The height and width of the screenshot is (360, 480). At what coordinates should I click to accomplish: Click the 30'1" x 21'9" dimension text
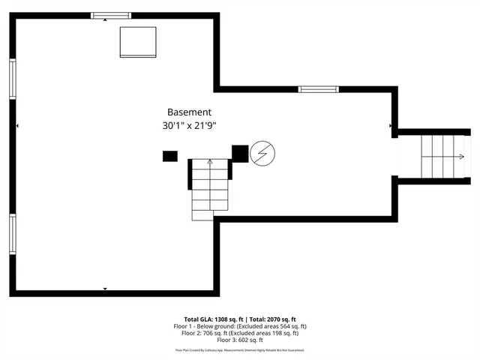click(x=192, y=127)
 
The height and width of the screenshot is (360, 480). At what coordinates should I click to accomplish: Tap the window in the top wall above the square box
click(x=111, y=15)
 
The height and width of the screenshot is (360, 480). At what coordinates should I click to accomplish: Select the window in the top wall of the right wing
click(x=318, y=89)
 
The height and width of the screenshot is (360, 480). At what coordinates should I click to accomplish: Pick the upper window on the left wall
click(x=13, y=79)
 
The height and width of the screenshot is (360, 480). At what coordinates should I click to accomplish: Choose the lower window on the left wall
click(x=13, y=234)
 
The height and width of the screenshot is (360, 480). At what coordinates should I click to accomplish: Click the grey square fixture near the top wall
click(x=138, y=42)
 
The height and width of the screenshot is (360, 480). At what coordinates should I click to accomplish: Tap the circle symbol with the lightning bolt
click(x=262, y=154)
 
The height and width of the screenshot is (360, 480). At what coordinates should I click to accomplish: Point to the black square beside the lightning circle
click(x=240, y=153)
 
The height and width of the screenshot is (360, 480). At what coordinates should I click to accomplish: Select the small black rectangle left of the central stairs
click(x=170, y=156)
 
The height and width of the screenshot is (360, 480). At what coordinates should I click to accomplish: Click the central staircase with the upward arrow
click(x=209, y=189)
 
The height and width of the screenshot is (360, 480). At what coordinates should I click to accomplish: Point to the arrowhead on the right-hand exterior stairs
click(x=460, y=157)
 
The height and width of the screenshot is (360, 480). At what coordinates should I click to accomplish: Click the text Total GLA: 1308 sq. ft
click(x=209, y=319)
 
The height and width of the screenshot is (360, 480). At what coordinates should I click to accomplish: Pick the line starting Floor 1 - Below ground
click(x=240, y=326)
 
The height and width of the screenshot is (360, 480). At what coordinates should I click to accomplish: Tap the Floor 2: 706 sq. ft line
click(x=240, y=334)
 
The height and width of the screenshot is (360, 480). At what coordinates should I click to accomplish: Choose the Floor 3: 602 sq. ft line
click(x=240, y=341)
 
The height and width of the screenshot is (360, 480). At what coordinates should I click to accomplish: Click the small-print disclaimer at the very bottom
click(x=240, y=350)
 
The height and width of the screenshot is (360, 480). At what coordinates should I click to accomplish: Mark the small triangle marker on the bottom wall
click(x=105, y=289)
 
